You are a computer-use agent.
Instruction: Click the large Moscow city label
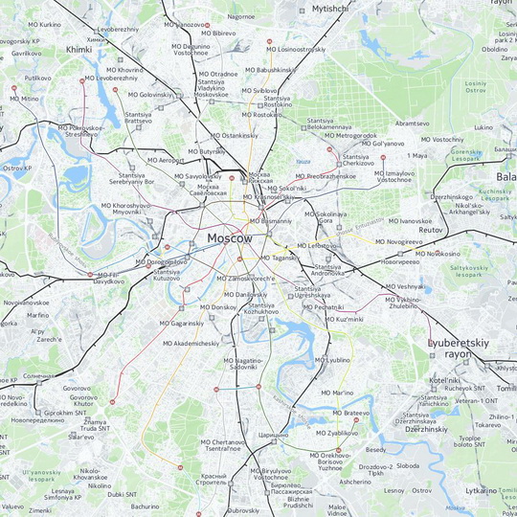(x=230, y=237)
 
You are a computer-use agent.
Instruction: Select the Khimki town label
(x=79, y=48)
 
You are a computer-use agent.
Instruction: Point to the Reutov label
(x=432, y=230)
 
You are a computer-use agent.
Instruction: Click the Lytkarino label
(x=481, y=490)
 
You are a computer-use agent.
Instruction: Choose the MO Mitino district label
(x=24, y=99)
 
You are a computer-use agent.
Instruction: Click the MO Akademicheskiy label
(x=188, y=343)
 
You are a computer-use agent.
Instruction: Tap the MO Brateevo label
(x=346, y=413)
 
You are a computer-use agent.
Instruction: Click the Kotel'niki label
(x=445, y=380)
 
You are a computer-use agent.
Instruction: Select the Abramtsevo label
(x=412, y=124)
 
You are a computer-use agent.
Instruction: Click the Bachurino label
(x=146, y=506)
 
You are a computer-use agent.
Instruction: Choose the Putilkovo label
(x=38, y=78)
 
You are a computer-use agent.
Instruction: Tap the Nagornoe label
(x=241, y=16)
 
